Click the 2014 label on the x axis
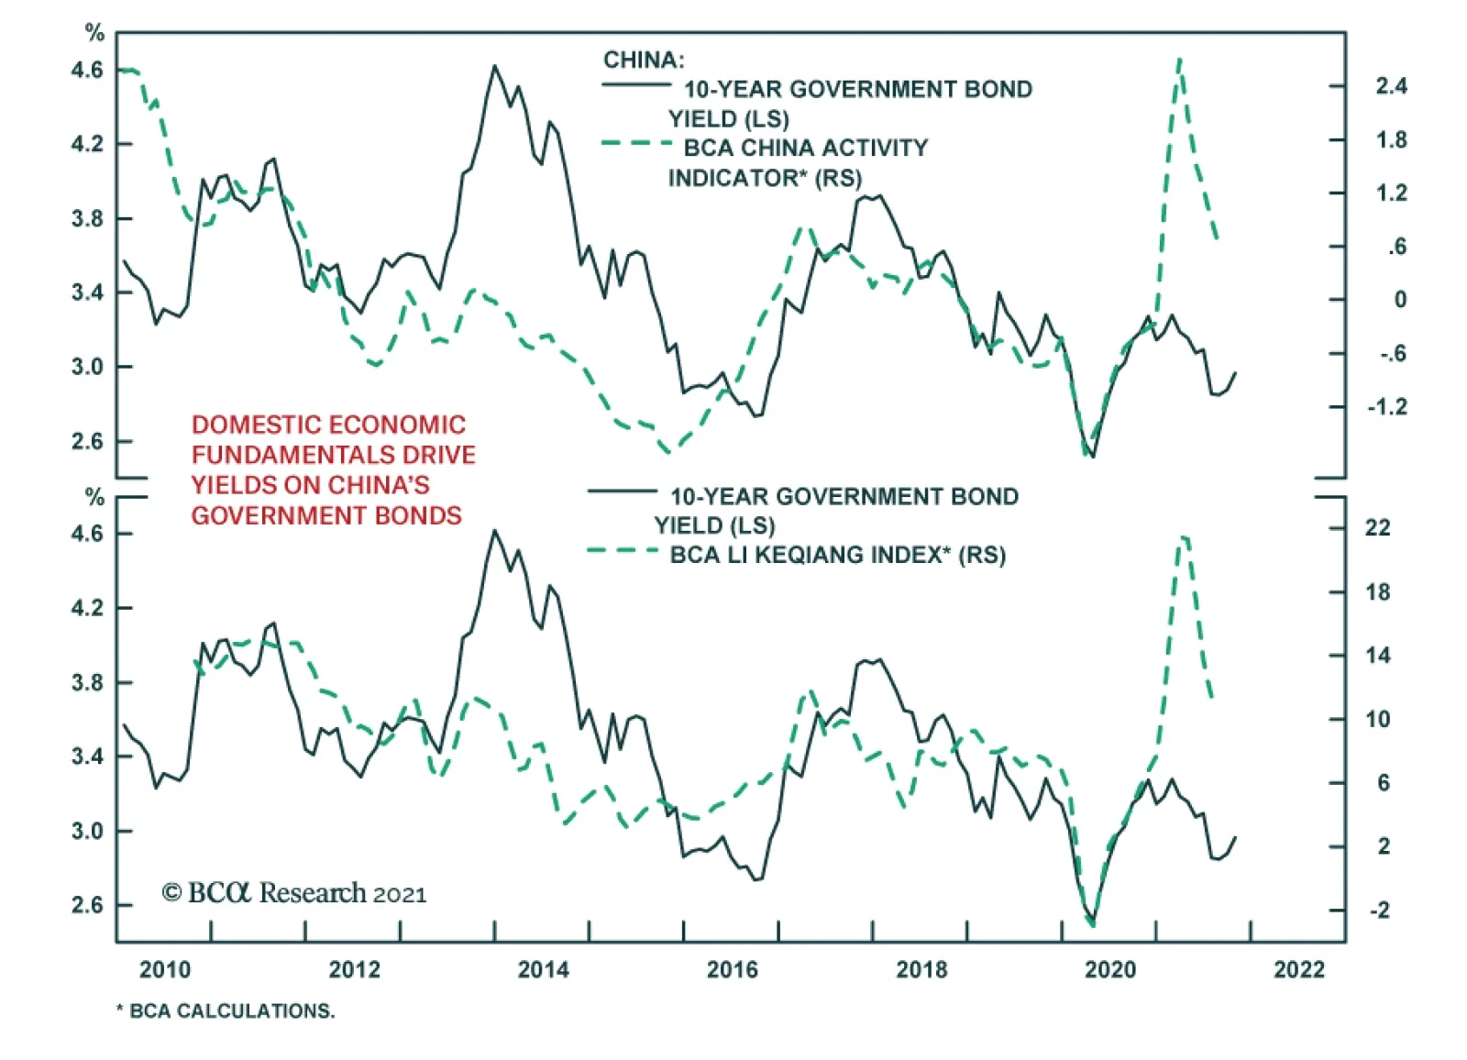click(x=543, y=969)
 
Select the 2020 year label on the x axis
click(x=1110, y=969)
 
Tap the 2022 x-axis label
click(x=1299, y=969)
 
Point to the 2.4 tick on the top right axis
click(x=1391, y=86)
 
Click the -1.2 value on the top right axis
click(x=1386, y=406)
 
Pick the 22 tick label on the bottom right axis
click(x=1377, y=527)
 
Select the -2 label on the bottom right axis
click(x=1378, y=910)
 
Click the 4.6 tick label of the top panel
click(x=87, y=70)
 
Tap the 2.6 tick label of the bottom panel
click(x=87, y=905)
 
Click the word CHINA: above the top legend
click(x=644, y=61)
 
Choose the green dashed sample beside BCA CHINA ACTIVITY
click(x=637, y=143)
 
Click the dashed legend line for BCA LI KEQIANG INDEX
click(x=623, y=550)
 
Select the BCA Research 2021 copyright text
click(x=294, y=893)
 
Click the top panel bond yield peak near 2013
click(x=495, y=66)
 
